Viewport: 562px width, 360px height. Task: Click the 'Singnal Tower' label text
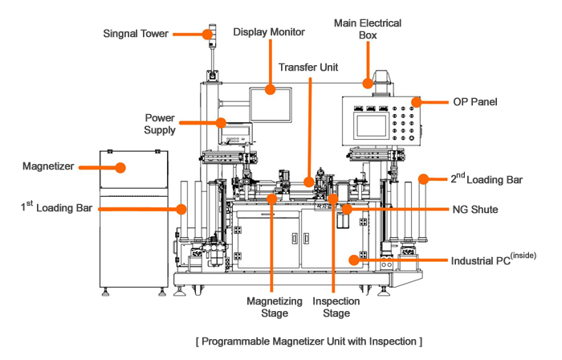(137, 34)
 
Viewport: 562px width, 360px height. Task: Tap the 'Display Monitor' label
(269, 32)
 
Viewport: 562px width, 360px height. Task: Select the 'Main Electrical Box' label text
(368, 30)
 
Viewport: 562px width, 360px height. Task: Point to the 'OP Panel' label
(475, 102)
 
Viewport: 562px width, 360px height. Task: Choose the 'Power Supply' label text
(160, 123)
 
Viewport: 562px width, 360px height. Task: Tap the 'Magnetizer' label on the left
(49, 167)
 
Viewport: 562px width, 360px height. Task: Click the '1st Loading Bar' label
(55, 208)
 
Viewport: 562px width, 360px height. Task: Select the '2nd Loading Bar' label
(485, 179)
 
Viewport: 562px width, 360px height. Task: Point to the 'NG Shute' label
(474, 209)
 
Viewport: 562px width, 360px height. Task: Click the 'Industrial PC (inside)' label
(493, 260)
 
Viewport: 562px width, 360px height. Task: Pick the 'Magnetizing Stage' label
(274, 308)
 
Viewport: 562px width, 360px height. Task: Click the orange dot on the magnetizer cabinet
(120, 168)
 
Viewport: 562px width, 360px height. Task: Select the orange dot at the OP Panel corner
(417, 102)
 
